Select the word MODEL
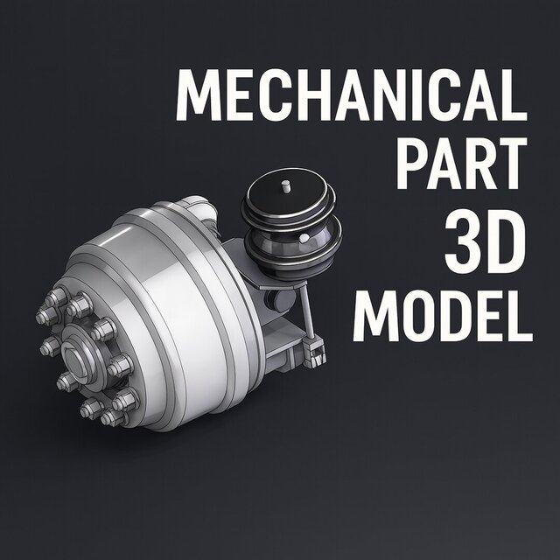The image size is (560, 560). [443, 314]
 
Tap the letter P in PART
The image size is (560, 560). [413, 161]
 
